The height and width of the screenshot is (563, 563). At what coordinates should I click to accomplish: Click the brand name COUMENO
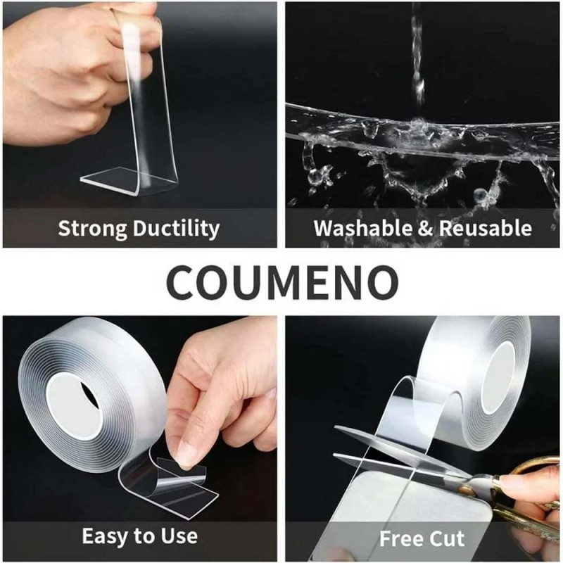click(282, 283)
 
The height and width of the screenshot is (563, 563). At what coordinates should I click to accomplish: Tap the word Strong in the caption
click(92, 229)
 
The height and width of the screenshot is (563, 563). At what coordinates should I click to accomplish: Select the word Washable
click(363, 228)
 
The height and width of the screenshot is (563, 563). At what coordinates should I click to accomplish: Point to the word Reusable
click(486, 228)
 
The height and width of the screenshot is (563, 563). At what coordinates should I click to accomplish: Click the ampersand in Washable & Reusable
click(426, 228)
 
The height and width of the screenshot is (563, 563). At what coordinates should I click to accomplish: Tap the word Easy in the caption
click(106, 536)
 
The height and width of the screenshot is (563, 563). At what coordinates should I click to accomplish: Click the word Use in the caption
click(179, 536)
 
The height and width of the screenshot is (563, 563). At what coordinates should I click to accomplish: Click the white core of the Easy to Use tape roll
click(75, 406)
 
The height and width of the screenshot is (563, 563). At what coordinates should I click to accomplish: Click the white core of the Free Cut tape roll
click(498, 377)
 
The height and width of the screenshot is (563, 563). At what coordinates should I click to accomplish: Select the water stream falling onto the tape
click(417, 61)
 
